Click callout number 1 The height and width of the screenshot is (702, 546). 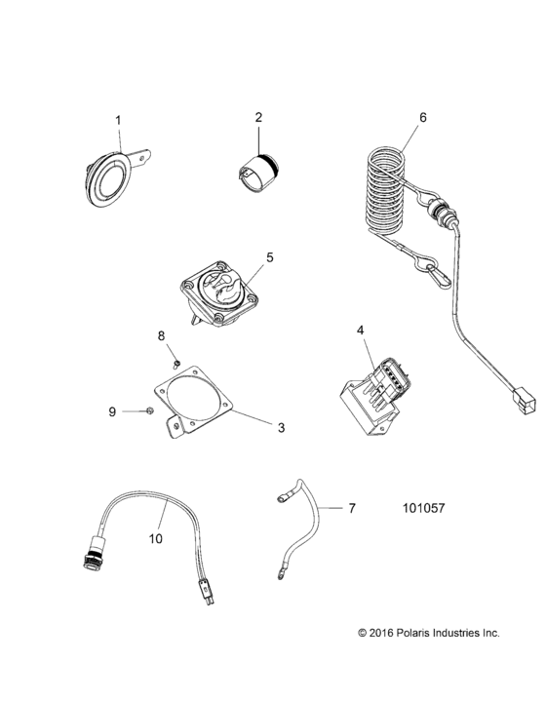point(119,120)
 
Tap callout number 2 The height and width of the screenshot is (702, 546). point(258,118)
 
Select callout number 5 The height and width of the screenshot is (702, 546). point(270,257)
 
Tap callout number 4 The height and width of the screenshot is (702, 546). point(360,331)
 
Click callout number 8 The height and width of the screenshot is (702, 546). point(163,336)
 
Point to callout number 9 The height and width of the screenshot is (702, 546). point(112,412)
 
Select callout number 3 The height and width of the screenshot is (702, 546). point(281,426)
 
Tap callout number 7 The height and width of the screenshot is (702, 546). point(353,508)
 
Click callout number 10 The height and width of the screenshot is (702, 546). point(156,536)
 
